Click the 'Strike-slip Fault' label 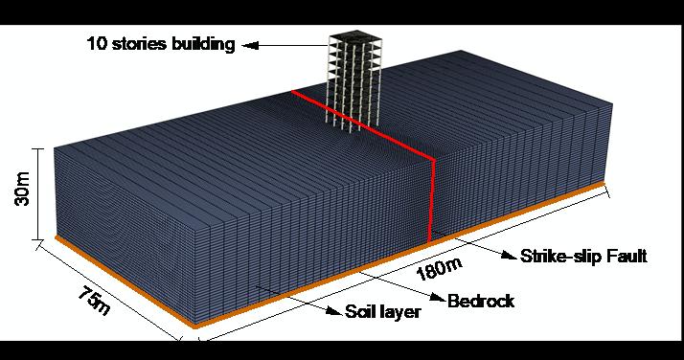pos(584,256)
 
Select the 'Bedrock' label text pos(481,301)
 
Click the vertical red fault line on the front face pos(432,196)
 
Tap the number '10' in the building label pos(95,45)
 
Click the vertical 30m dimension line pos(37,192)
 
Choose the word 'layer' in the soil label pos(402,312)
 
